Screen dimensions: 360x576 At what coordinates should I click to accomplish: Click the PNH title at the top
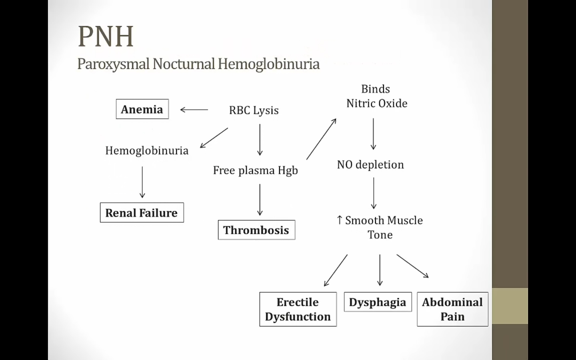pos(106,36)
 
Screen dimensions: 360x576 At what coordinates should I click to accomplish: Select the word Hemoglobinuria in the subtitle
pos(268,64)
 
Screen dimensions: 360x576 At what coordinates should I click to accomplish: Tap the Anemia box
pos(142,109)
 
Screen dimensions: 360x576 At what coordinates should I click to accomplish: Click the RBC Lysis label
pos(254,110)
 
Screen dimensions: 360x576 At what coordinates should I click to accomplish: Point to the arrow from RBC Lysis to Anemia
pos(194,110)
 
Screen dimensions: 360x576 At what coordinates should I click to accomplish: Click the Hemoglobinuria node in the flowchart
pos(147,150)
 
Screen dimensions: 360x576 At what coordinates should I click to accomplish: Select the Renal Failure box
pos(142,213)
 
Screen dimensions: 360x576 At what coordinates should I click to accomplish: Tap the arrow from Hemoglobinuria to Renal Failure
pos(142,182)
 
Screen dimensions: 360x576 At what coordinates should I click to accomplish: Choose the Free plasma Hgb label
pos(255,170)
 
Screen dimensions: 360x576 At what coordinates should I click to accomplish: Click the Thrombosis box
pos(256,230)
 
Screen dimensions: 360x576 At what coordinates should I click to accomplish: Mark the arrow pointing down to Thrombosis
pos(260,200)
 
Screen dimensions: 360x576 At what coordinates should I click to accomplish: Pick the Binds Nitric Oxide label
pos(376,96)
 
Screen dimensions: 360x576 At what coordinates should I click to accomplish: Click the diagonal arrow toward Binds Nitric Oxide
pos(321,139)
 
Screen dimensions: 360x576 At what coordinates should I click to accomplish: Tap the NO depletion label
pos(370,165)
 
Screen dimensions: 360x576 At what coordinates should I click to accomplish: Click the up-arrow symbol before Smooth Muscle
pos(340,220)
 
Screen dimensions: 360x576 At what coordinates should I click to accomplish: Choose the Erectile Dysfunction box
pos(298,309)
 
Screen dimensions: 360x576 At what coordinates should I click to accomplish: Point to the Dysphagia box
pos(378,302)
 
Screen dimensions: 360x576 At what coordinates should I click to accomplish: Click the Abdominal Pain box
pos(452,309)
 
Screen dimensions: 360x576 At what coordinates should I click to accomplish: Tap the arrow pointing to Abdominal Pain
pos(412,266)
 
